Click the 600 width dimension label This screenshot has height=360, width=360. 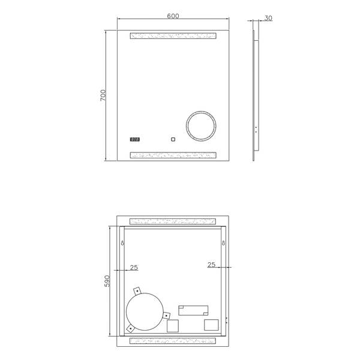pos(173,16)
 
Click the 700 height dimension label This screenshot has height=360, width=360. pos(103,95)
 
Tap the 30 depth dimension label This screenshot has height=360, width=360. pos(268,18)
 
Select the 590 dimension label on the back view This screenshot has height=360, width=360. pos(107,281)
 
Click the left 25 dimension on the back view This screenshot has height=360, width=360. pos(134,268)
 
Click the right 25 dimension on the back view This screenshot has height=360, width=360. pos(211,265)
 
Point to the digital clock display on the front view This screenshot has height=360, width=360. pos(135,139)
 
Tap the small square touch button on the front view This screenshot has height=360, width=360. pos(173,139)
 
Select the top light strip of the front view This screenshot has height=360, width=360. pos(173,36)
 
